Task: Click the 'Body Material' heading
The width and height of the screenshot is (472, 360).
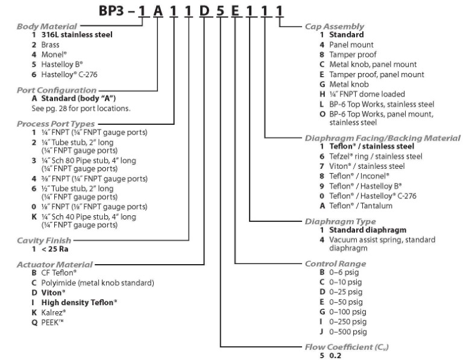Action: (47, 27)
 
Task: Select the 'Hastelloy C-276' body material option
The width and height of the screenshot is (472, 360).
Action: (69, 74)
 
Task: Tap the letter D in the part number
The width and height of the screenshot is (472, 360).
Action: (204, 11)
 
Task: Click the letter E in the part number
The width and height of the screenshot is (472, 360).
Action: (235, 11)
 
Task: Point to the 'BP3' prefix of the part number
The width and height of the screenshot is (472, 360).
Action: (112, 11)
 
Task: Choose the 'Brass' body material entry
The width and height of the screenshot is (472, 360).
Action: (50, 45)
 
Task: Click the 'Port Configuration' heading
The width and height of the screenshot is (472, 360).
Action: (57, 90)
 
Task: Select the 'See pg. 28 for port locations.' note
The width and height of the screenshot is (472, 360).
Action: (81, 109)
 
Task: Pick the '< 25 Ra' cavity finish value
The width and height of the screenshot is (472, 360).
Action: (55, 249)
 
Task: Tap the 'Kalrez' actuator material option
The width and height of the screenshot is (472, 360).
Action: (54, 312)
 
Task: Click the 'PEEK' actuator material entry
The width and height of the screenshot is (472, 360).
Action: (52, 323)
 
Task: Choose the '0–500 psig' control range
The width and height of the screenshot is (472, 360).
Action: (348, 332)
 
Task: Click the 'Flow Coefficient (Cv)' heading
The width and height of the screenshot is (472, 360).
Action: (347, 347)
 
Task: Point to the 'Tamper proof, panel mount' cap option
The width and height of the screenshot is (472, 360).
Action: (377, 74)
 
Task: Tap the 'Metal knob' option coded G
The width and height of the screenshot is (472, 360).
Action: (349, 84)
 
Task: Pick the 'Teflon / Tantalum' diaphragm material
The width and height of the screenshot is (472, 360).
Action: (360, 206)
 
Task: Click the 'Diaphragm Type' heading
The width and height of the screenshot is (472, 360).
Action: (341, 221)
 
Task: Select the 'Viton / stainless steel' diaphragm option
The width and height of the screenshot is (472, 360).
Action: (367, 166)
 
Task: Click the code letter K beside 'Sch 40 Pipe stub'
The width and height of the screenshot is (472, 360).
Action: (34, 216)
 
